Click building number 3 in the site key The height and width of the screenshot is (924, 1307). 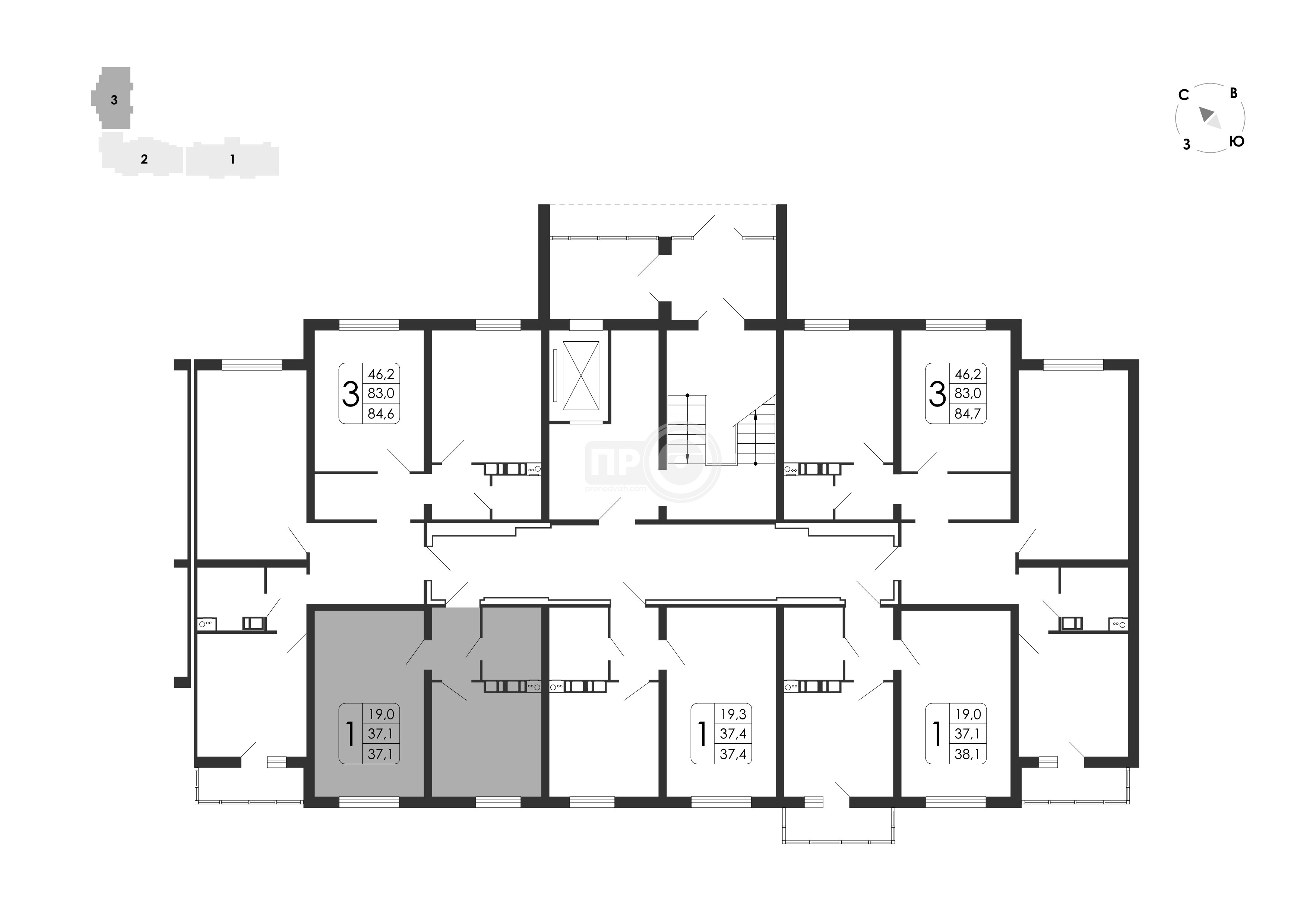pos(114,99)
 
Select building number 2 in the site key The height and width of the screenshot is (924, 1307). pos(144,159)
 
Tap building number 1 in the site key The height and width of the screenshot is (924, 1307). pos(232,159)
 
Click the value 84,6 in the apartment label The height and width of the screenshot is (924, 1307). pos(381,413)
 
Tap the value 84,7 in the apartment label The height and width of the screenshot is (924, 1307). pos(968,413)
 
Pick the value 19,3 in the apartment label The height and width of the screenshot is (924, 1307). pos(732,714)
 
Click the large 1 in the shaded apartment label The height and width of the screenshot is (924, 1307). pos(351,734)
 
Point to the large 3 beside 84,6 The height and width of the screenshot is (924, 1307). pos(351,393)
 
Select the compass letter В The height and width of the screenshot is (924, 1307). pos(1234,93)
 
